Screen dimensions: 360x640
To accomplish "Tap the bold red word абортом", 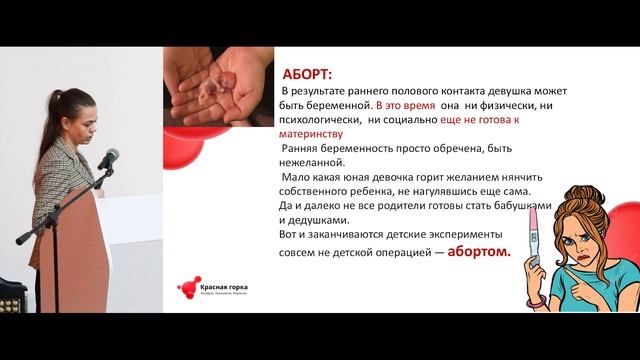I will click(x=479, y=251).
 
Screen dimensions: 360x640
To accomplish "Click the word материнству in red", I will click(x=313, y=132).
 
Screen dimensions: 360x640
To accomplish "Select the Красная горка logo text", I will click(x=226, y=287).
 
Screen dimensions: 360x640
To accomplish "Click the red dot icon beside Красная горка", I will click(x=186, y=288).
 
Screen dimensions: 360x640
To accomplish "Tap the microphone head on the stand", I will click(x=108, y=158).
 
